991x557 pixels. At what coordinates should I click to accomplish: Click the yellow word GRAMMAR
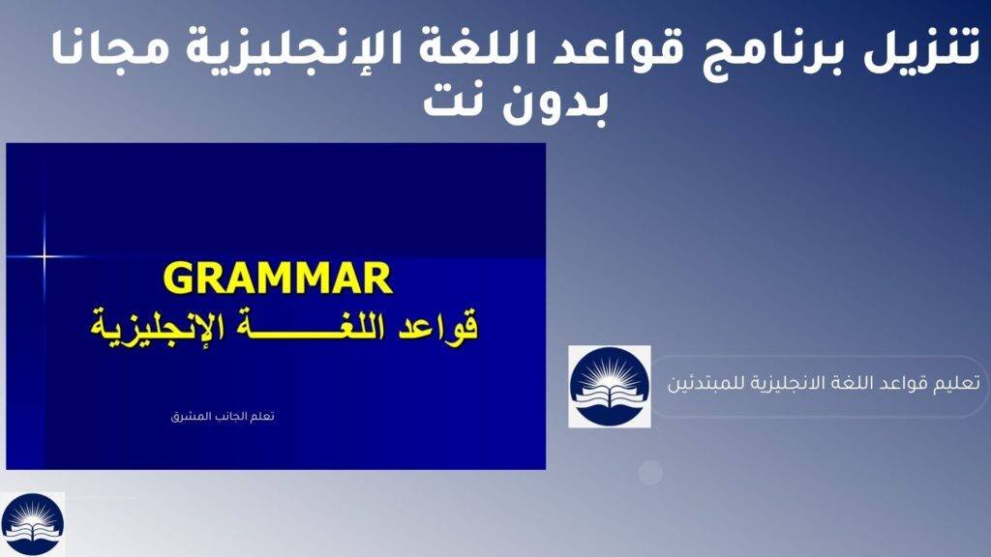(277, 278)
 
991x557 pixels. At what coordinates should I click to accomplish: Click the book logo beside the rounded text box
(609, 386)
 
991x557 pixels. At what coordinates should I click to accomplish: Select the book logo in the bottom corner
(32, 524)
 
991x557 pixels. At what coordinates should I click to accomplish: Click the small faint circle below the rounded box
(650, 472)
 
